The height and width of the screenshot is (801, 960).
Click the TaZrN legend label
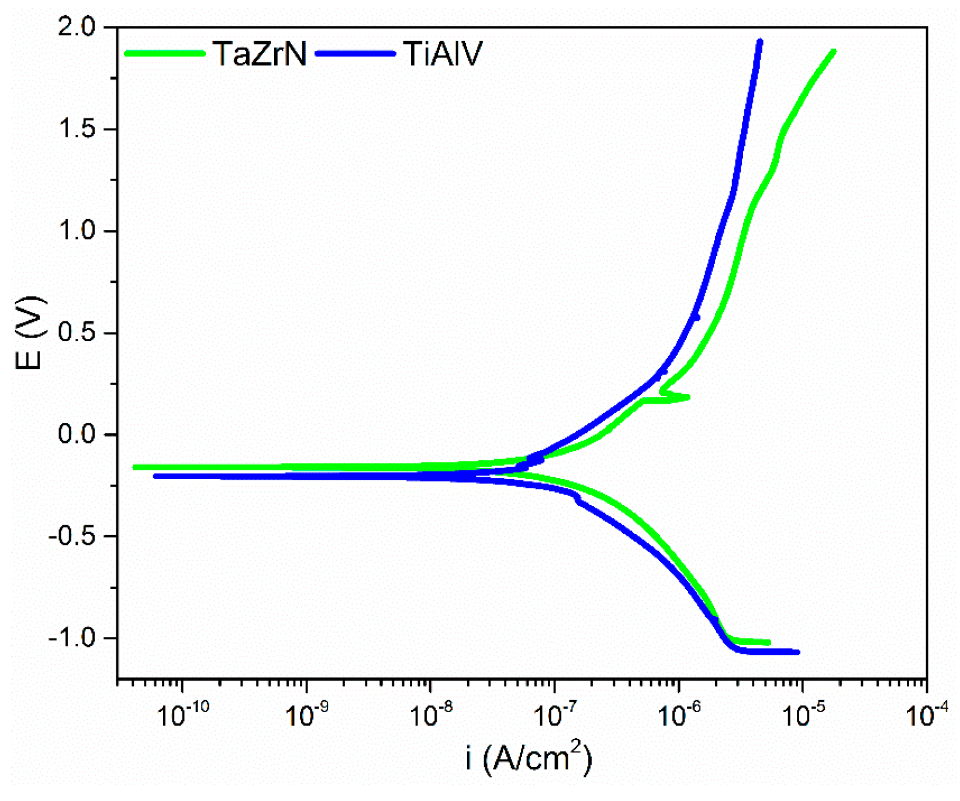[260, 54]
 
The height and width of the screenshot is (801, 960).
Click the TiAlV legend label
[443, 54]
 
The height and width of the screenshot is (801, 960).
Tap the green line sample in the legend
[165, 53]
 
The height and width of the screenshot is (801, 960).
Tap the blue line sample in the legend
[355, 53]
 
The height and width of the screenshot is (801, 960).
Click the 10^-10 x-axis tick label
[184, 714]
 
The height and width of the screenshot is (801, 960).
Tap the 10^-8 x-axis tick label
[431, 714]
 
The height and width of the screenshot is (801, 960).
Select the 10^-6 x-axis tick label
[679, 714]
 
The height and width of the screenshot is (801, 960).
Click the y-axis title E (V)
[29, 333]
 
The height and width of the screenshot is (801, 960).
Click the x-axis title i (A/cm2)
[529, 758]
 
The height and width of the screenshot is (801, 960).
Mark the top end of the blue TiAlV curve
[759, 41]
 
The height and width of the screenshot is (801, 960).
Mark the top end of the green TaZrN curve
[833, 52]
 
